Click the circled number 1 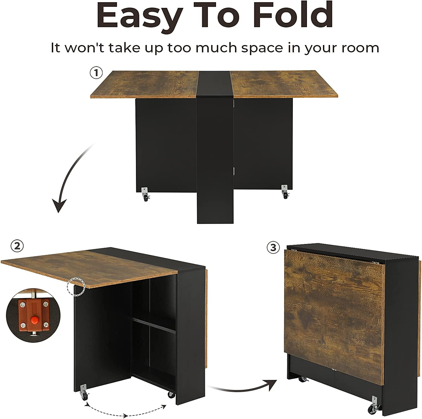(96, 73)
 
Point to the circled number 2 (17, 246)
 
